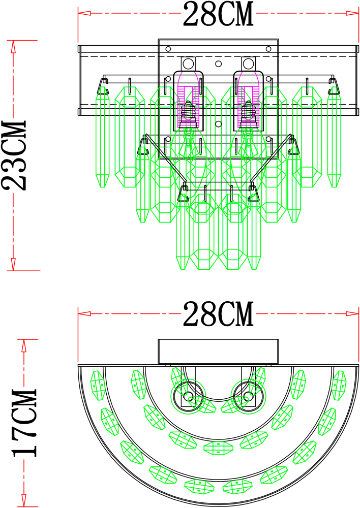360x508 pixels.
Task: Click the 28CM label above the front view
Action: click(218, 14)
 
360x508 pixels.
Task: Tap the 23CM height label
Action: click(14, 155)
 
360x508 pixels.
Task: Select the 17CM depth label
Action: click(24, 422)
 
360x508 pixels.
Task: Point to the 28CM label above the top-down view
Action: click(218, 314)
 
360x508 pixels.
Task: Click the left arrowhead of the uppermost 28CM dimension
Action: click(84, 13)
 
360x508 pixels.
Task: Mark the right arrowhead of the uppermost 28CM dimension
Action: click(352, 13)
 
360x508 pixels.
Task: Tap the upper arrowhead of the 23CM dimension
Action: click(13, 46)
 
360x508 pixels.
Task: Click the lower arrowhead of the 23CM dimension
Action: click(13, 264)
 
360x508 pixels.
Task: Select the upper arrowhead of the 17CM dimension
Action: click(24, 345)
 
